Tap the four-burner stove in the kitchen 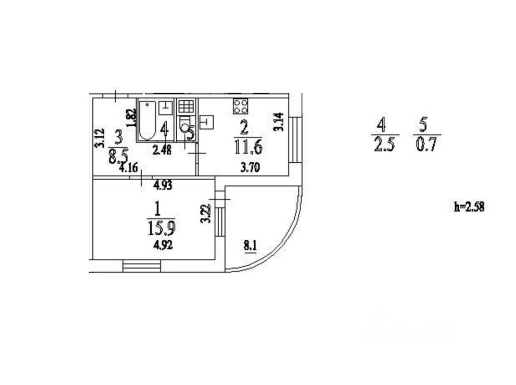pyautogui.click(x=241, y=106)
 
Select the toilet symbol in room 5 pyautogui.click(x=186, y=128)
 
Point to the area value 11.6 pyautogui.click(x=248, y=147)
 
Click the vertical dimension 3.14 pyautogui.click(x=279, y=122)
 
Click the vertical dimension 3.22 pyautogui.click(x=205, y=214)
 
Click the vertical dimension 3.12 pyautogui.click(x=99, y=138)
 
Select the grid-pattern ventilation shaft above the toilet pyautogui.click(x=185, y=106)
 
